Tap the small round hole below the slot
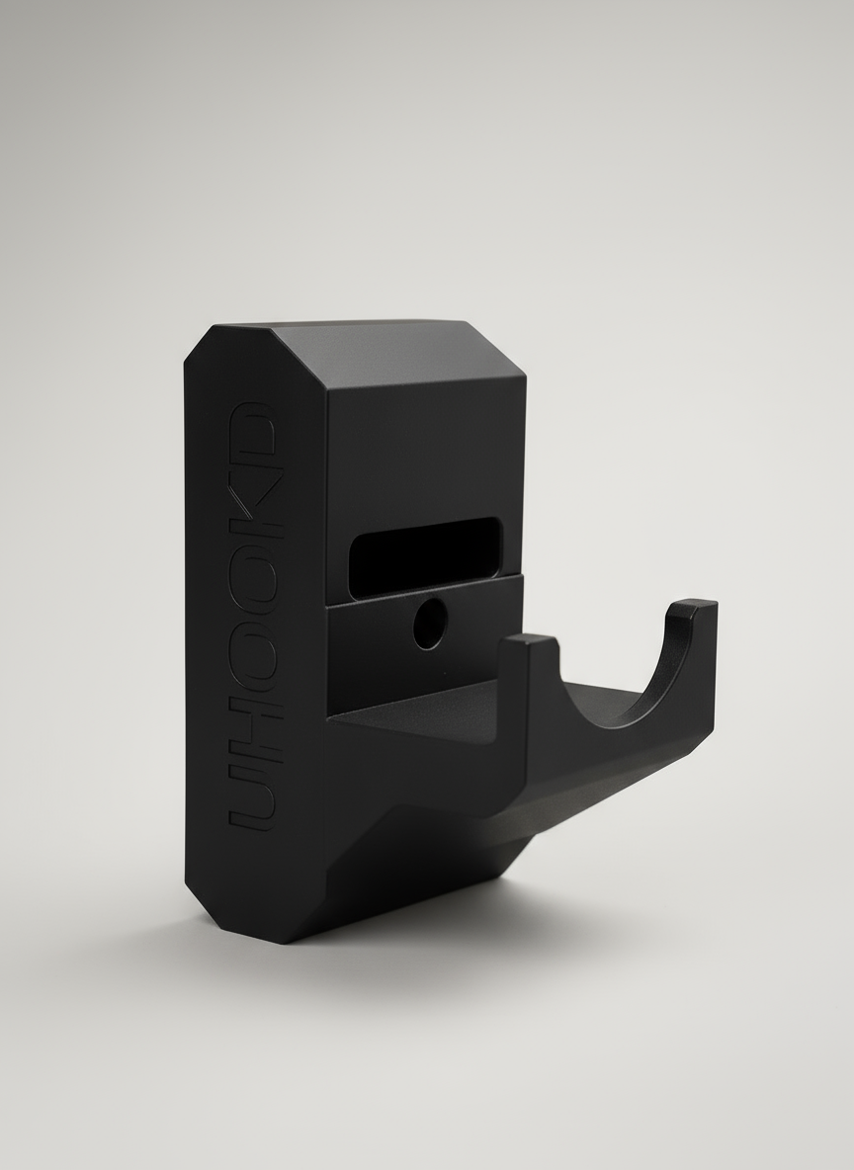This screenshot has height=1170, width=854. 429,624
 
